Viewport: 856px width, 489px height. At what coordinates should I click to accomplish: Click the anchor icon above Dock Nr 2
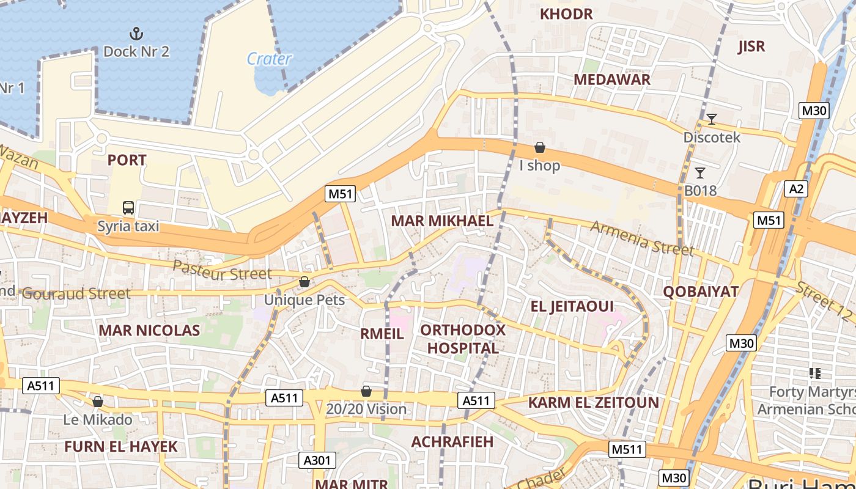(x=136, y=33)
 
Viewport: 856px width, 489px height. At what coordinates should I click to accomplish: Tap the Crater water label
(x=269, y=59)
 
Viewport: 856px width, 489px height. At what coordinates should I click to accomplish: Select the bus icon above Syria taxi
(x=128, y=208)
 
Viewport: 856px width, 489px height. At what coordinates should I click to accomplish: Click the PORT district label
(x=127, y=160)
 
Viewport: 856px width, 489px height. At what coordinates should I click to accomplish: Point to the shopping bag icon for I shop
(x=540, y=147)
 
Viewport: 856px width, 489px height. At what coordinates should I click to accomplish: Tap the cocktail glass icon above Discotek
(x=711, y=119)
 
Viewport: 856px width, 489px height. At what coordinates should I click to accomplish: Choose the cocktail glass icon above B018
(x=700, y=173)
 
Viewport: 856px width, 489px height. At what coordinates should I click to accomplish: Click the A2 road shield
(x=796, y=189)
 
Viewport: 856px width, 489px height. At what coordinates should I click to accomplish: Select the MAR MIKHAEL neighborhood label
(x=442, y=221)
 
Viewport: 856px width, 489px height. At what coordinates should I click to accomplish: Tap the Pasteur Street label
(x=222, y=270)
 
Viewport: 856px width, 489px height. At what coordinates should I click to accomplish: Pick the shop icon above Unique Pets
(x=304, y=282)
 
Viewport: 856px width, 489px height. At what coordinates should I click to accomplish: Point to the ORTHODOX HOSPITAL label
(x=463, y=339)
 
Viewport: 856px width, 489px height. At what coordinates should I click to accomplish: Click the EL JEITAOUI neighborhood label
(x=572, y=306)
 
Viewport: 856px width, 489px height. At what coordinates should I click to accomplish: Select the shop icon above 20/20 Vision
(x=366, y=391)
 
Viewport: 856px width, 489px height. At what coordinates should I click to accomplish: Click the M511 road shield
(x=627, y=450)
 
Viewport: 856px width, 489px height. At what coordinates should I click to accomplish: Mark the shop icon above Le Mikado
(x=97, y=402)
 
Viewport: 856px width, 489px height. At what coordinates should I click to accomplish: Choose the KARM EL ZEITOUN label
(x=593, y=403)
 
